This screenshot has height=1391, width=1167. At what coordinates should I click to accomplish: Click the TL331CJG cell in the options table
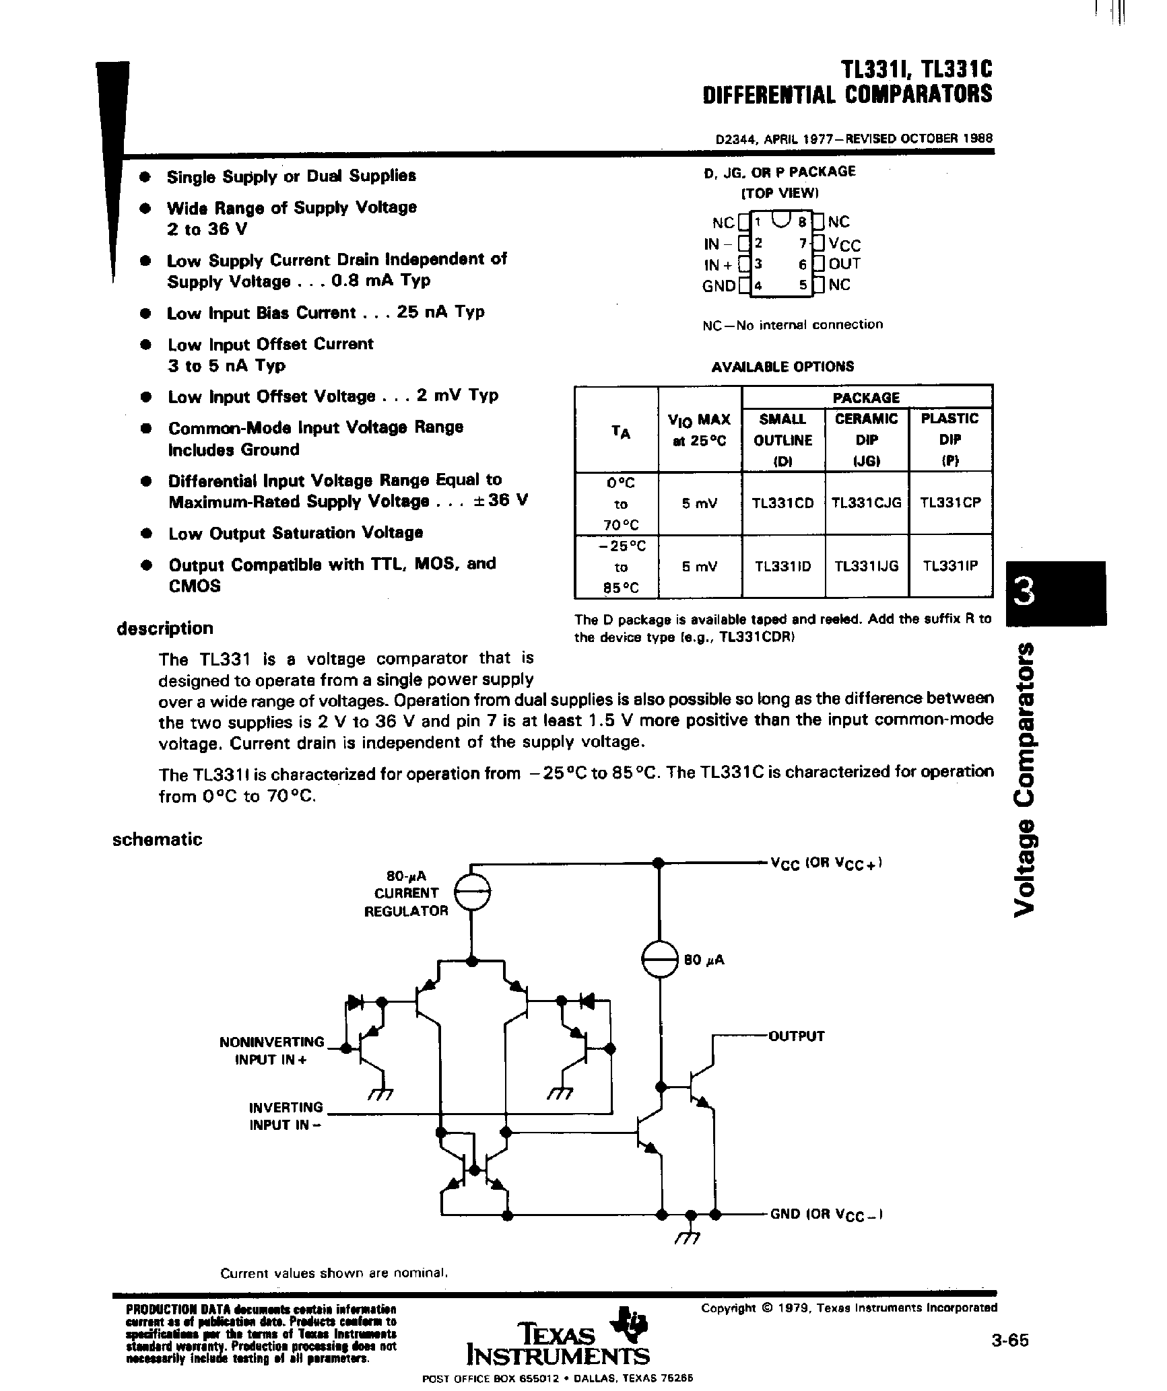coord(866,503)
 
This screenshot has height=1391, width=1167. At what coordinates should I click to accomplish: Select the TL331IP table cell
coord(949,566)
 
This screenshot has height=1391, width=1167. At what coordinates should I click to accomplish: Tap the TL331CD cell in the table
coord(783,503)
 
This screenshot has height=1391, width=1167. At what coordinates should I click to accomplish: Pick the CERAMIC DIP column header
coord(866,439)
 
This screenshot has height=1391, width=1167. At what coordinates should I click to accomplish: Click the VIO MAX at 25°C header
coord(699,429)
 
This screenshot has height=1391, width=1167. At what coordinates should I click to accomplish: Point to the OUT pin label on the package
coord(844,264)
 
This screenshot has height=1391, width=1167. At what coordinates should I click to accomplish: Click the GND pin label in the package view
coord(719,285)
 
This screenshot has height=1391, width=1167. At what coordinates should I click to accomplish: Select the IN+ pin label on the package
coord(717,264)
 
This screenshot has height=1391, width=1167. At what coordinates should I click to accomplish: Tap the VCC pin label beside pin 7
coord(844,244)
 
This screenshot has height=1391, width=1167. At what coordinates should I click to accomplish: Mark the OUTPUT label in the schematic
coord(797,1036)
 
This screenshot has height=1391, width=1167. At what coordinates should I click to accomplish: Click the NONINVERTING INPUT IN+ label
coord(272,1050)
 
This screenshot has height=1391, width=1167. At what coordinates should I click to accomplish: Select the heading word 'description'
coord(164,629)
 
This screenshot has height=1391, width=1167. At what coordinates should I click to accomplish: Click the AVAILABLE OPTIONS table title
coord(782,367)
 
